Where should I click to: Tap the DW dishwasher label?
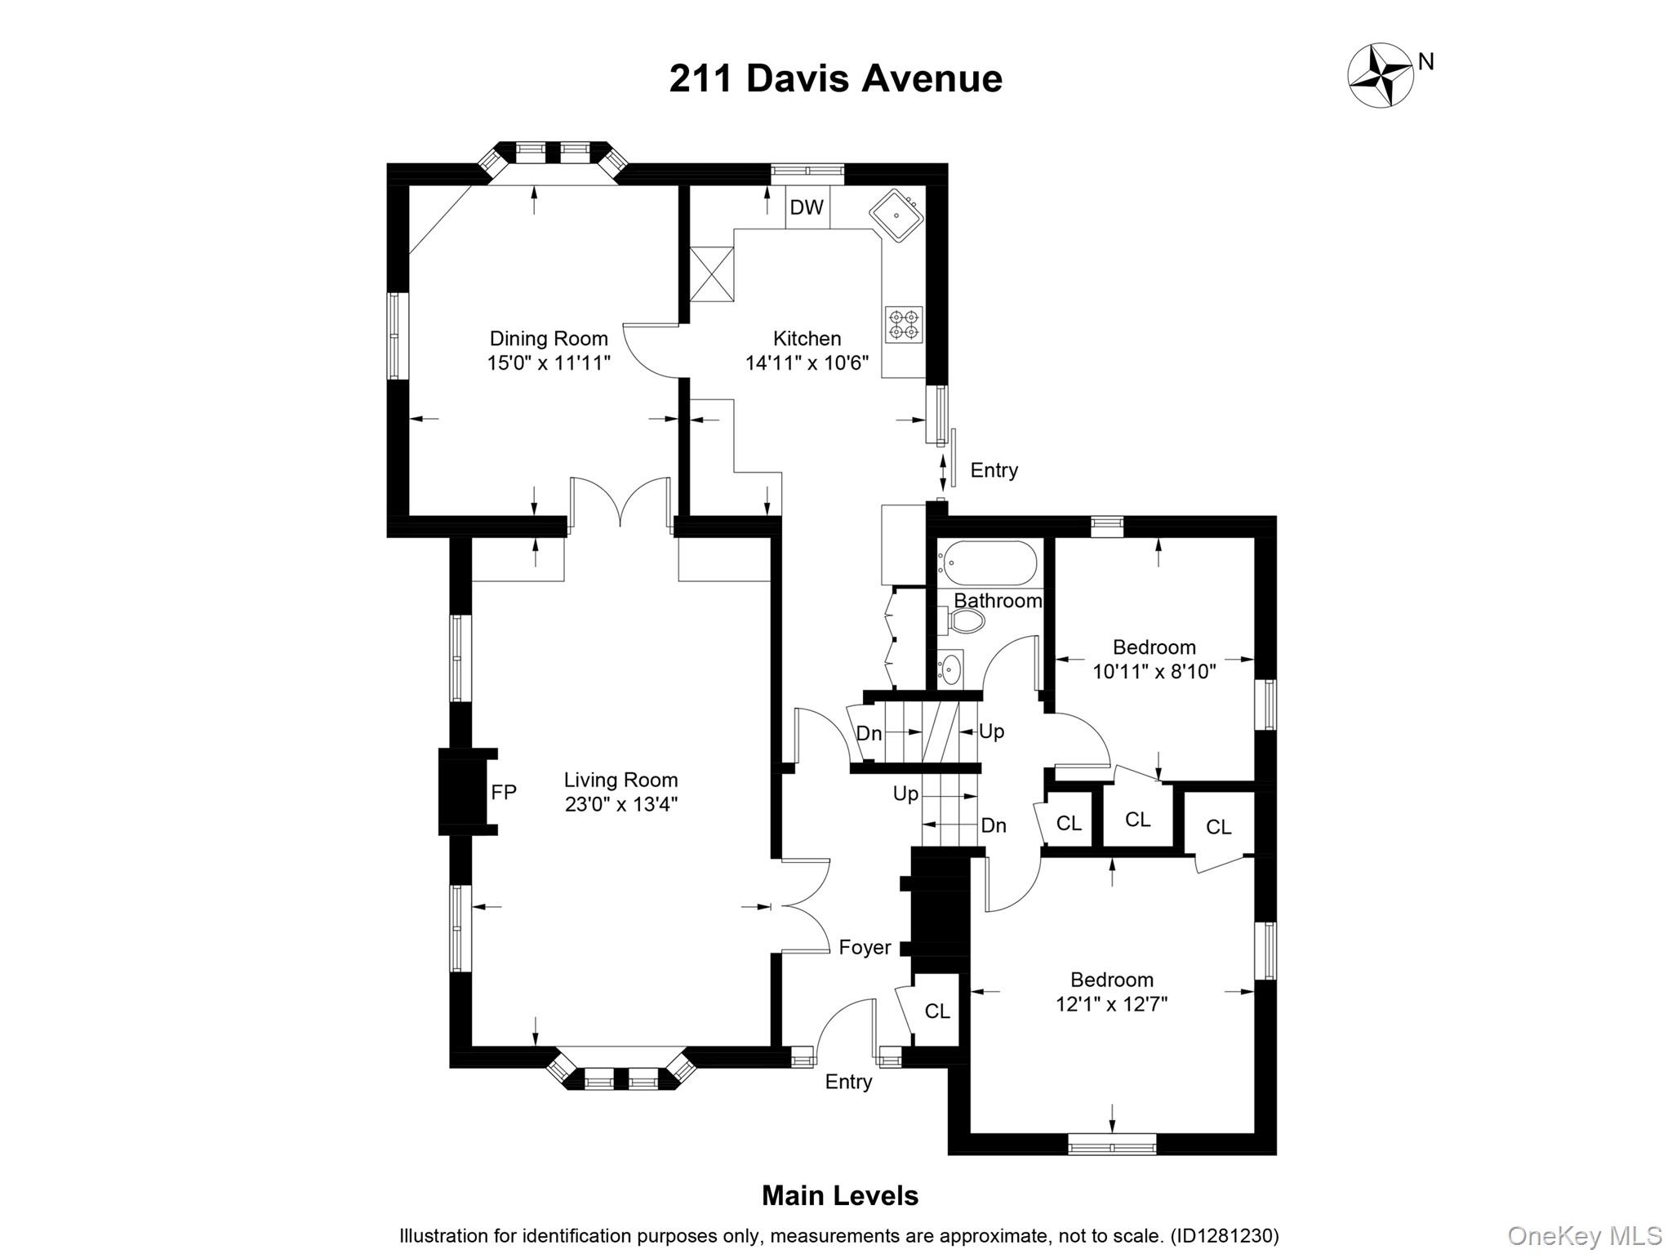(x=807, y=207)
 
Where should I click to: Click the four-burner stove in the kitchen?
(x=904, y=324)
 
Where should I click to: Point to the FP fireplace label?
(x=504, y=792)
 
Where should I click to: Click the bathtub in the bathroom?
(x=987, y=563)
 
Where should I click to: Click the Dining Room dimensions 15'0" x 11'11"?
(x=549, y=363)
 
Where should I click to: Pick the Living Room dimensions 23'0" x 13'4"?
(x=621, y=804)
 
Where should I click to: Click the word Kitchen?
(x=807, y=338)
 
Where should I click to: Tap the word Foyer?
(x=865, y=947)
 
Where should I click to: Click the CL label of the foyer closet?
(x=937, y=1011)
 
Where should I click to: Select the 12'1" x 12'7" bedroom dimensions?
(x=1111, y=1003)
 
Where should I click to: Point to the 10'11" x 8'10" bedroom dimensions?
(x=1154, y=672)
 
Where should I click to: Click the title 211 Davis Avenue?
(x=835, y=79)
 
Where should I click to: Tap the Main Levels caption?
(x=839, y=1196)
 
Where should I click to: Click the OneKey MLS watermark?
(x=1584, y=1235)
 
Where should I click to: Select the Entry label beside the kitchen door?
(x=994, y=470)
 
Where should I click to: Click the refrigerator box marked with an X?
(x=712, y=273)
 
